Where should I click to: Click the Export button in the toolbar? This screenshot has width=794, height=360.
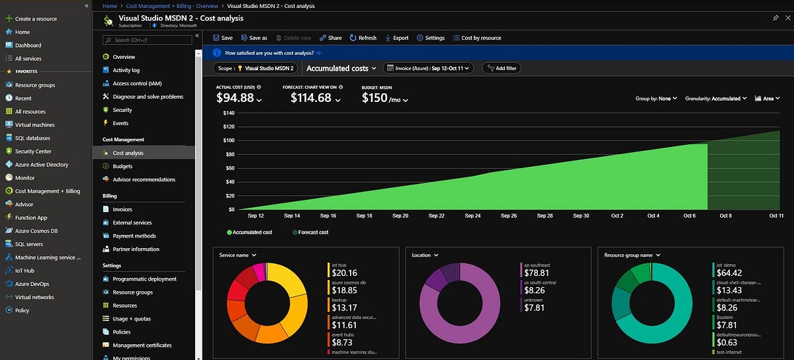[396, 38]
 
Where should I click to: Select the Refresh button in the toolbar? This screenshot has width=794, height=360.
[363, 38]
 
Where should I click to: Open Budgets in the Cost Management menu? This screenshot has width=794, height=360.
[122, 166]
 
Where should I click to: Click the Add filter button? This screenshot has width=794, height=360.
[501, 68]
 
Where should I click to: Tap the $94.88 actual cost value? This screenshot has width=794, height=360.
[235, 98]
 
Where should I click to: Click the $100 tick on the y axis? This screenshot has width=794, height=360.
[228, 140]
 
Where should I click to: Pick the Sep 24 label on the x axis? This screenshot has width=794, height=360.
[472, 216]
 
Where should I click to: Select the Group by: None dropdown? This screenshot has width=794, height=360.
[656, 99]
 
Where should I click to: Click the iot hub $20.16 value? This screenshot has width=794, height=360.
[344, 273]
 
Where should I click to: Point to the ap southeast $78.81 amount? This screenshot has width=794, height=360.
[537, 273]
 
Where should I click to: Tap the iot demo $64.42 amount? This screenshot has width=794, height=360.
[728, 273]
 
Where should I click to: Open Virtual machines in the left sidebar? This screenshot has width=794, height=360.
[34, 124]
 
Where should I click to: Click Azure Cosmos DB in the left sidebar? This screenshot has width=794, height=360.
[36, 230]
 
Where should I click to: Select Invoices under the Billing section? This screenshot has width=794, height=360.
[122, 209]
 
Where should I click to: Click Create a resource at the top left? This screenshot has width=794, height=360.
[35, 19]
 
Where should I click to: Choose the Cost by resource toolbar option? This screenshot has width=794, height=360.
[476, 38]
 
